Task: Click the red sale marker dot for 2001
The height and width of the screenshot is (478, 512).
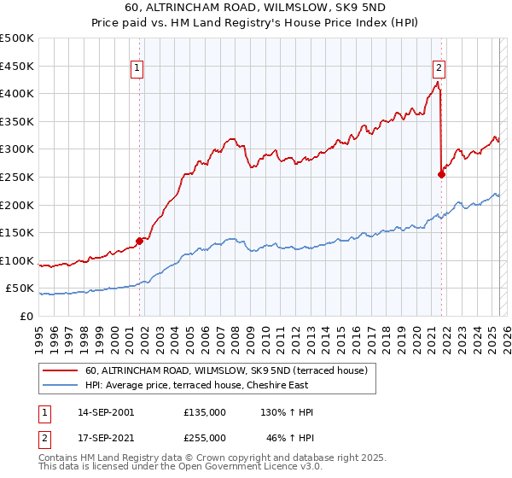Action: [139, 241]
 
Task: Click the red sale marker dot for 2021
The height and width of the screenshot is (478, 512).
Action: [441, 174]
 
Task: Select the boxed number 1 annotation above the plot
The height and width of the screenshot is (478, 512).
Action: [137, 70]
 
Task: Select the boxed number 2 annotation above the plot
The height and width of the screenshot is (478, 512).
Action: [439, 70]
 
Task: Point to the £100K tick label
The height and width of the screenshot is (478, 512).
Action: [17, 260]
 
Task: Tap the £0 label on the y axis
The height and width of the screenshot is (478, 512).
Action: [26, 316]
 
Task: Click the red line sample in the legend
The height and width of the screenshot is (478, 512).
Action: [60, 371]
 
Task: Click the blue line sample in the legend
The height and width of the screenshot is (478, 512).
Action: [60, 386]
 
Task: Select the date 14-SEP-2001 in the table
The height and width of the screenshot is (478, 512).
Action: [106, 412]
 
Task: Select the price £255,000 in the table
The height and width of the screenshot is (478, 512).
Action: [205, 436]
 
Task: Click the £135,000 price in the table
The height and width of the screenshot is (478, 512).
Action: [205, 412]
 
